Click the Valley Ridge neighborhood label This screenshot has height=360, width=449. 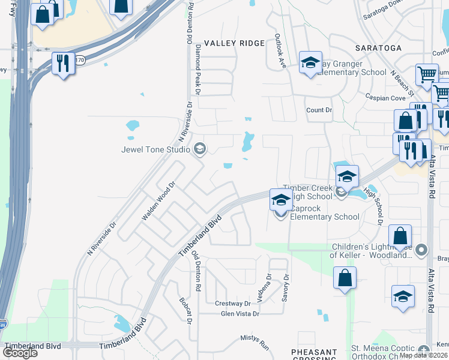tap(234, 43)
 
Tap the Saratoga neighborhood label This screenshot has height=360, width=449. tap(378, 47)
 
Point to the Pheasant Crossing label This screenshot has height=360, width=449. tap(313, 354)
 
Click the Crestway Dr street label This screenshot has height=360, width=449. tap(232, 304)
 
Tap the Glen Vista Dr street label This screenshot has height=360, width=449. tap(240, 314)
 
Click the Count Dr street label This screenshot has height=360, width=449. tap(319, 110)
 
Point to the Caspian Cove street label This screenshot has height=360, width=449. tap(385, 97)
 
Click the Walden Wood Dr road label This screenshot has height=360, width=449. tap(158, 201)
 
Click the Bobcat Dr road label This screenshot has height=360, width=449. tap(184, 311)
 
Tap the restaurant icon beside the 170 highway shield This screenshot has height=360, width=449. tap(63, 62)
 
